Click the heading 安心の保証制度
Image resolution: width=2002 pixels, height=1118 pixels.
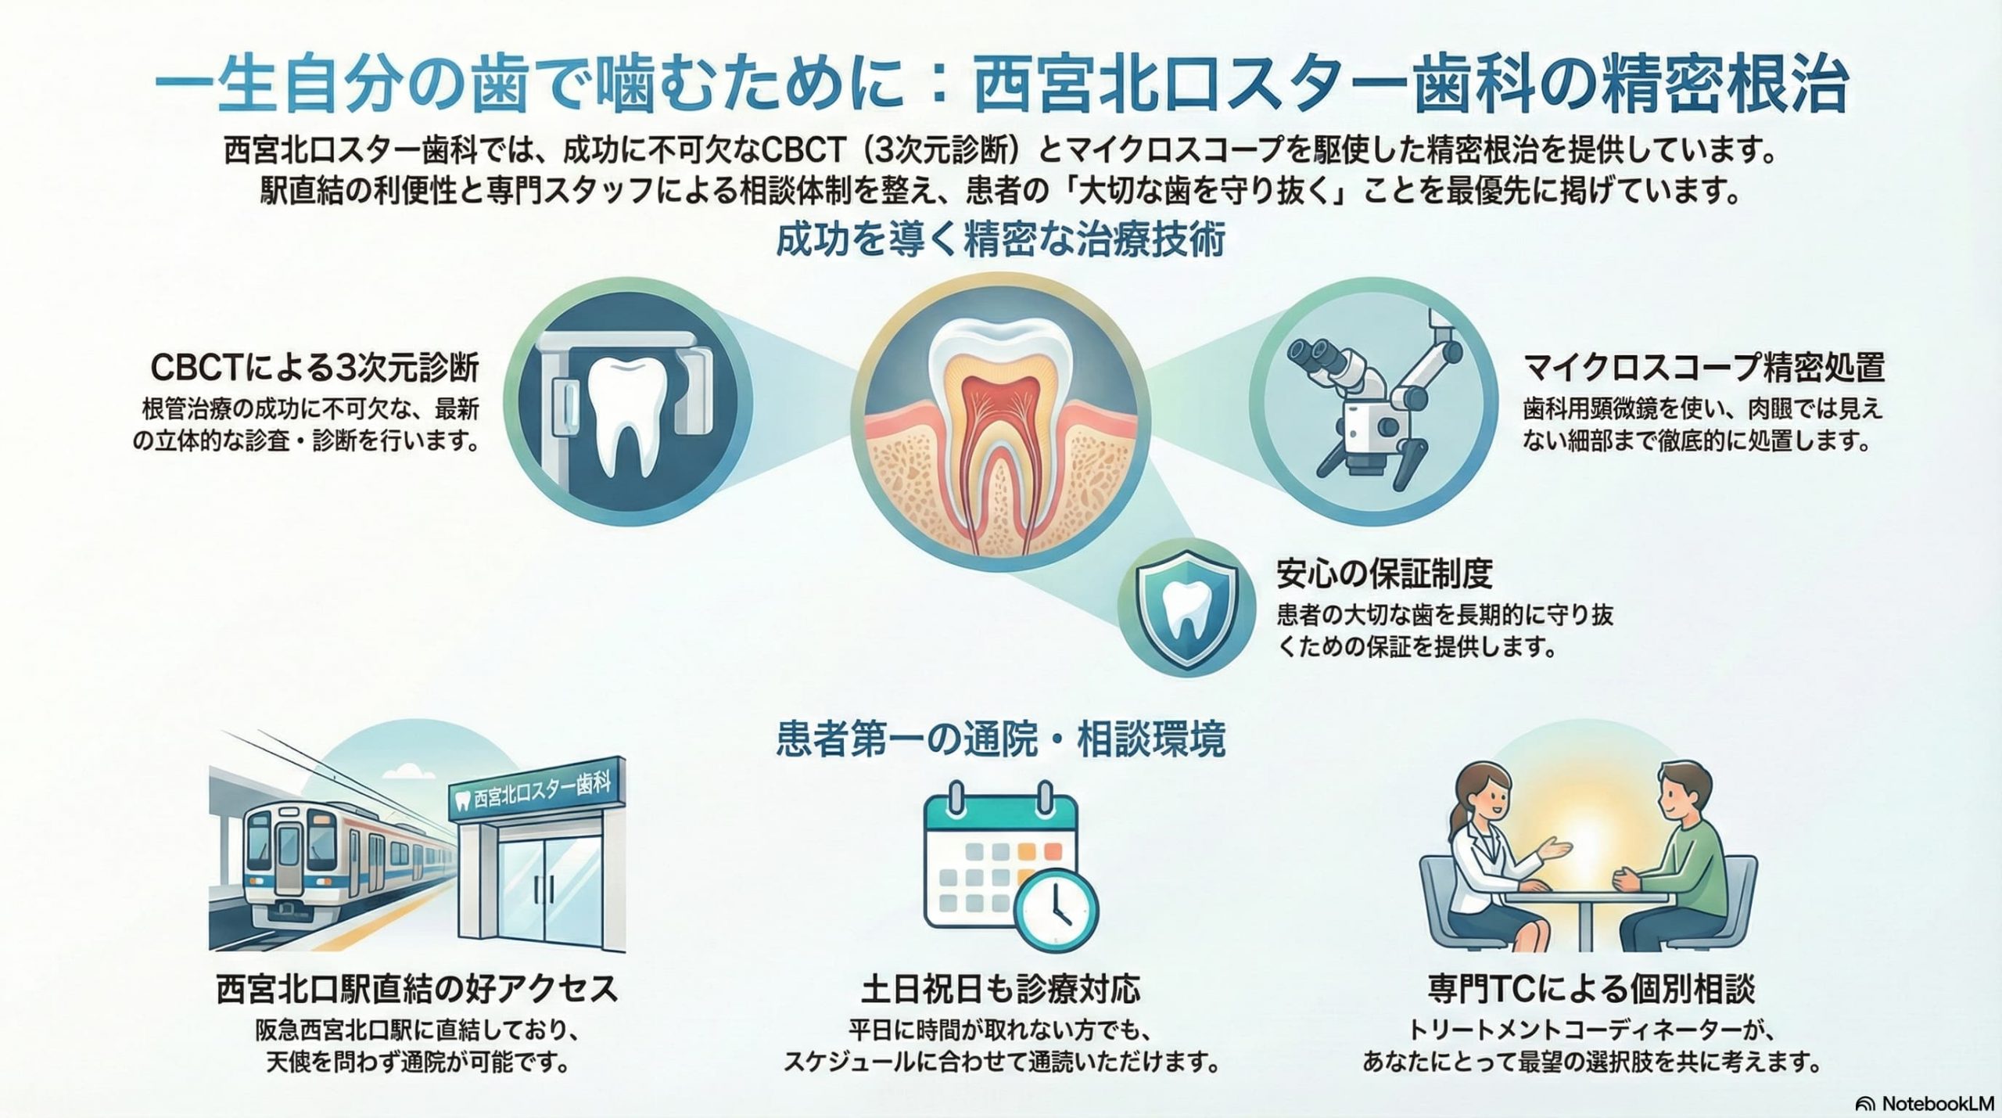[1384, 574]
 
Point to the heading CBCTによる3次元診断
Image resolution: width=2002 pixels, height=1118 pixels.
[314, 368]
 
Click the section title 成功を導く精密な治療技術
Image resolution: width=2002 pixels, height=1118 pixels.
[1000, 241]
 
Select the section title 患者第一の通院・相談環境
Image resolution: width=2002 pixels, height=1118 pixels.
[1000, 740]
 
